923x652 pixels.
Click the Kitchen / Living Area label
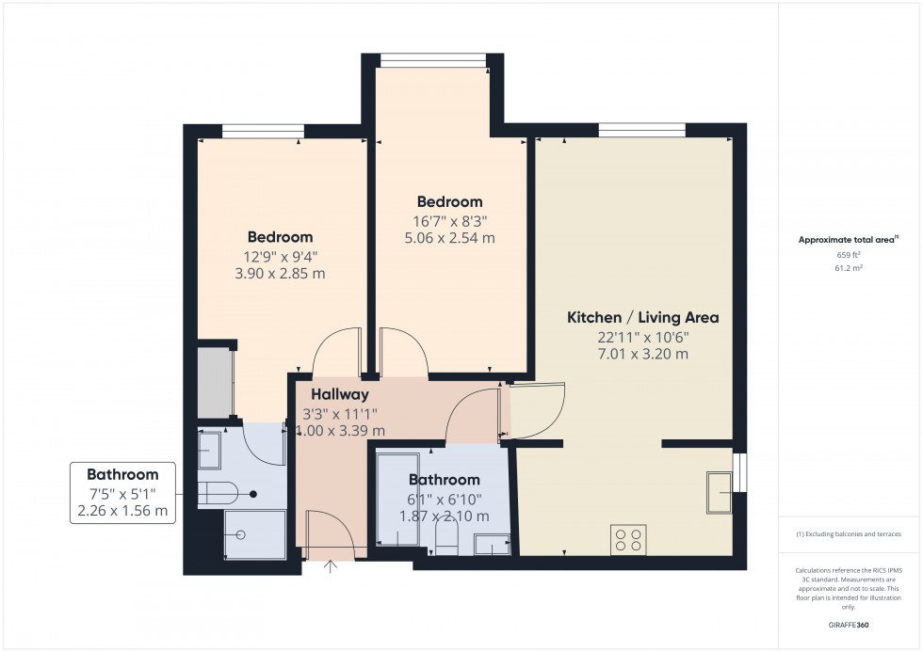[642, 318]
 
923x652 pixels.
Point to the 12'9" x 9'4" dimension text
[280, 256]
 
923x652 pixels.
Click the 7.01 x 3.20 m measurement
[642, 355]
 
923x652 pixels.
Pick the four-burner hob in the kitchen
[628, 539]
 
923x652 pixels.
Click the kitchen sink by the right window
[719, 492]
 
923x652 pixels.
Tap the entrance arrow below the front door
[331, 565]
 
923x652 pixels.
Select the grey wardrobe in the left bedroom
[216, 382]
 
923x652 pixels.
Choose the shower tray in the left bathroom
[254, 534]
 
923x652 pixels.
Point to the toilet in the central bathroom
[446, 538]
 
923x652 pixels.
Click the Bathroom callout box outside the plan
[122, 493]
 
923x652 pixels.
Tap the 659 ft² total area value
[850, 255]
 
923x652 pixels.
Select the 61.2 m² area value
[850, 268]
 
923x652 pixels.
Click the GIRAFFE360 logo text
[850, 625]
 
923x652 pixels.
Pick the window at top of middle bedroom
[433, 60]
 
